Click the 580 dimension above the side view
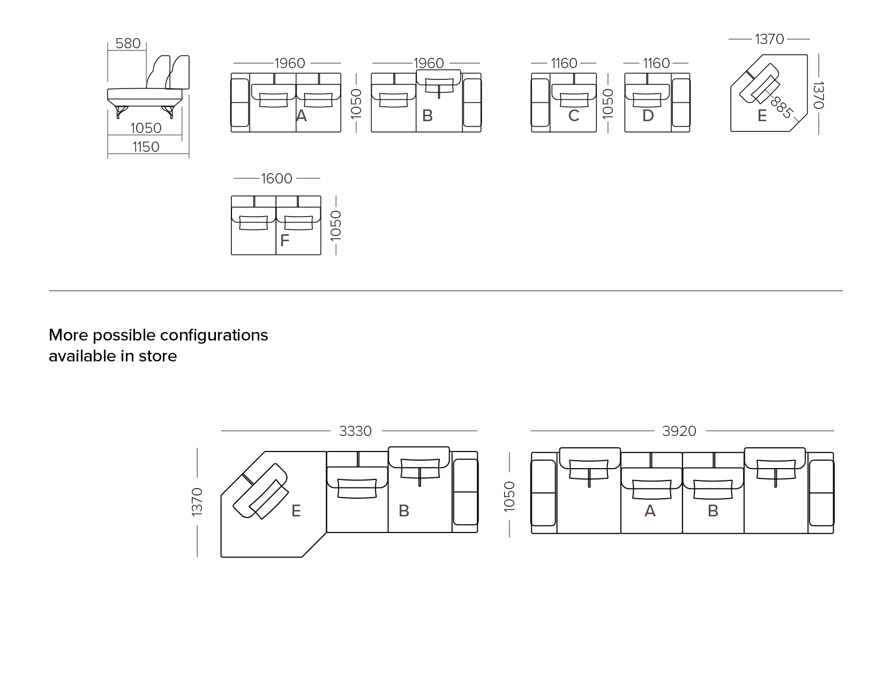pos(128,43)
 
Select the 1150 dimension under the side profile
pos(146,147)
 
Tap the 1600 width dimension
pos(276,179)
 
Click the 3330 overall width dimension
pos(355,431)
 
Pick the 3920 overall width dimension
pos(679,431)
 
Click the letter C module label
pos(574,116)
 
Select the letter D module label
pos(648,116)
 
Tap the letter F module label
pos(284,240)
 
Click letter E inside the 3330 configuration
pos(296,511)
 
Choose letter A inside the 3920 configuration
pos(650,511)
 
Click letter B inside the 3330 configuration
pos(404,511)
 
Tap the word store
pos(158,357)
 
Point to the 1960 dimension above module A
pos(289,63)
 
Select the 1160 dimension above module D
pos(656,63)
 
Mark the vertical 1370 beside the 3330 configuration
pos(197,502)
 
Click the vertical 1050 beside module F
pos(335,225)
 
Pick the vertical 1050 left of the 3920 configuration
pos(509,496)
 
